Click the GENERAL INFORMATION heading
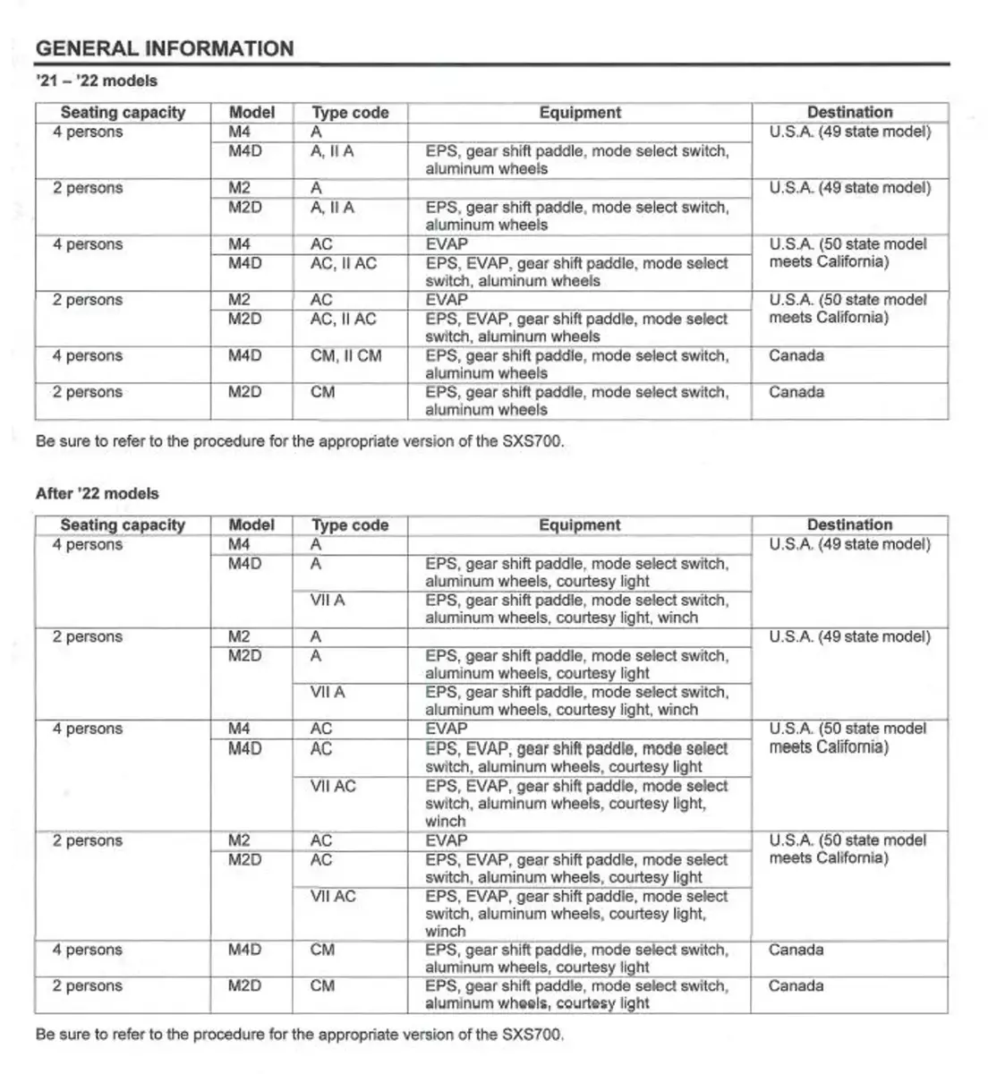(x=165, y=48)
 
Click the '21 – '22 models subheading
(x=97, y=81)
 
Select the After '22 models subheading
(x=98, y=493)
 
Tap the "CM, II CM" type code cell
(x=345, y=356)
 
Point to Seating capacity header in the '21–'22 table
(x=123, y=113)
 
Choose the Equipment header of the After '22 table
(x=579, y=525)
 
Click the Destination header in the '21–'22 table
(x=849, y=113)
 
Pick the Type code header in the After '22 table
(x=350, y=525)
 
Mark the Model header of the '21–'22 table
(x=251, y=113)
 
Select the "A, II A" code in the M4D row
(x=332, y=151)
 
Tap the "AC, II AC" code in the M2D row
(x=343, y=320)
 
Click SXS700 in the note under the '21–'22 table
(x=534, y=441)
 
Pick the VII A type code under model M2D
(x=328, y=692)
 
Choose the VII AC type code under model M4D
(x=333, y=786)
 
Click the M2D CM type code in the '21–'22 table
(x=322, y=392)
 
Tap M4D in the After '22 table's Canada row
(x=244, y=950)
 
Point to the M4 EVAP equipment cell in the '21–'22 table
(x=447, y=244)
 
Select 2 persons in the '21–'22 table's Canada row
(x=88, y=392)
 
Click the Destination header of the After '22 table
(x=849, y=525)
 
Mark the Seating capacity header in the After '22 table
(x=123, y=525)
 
